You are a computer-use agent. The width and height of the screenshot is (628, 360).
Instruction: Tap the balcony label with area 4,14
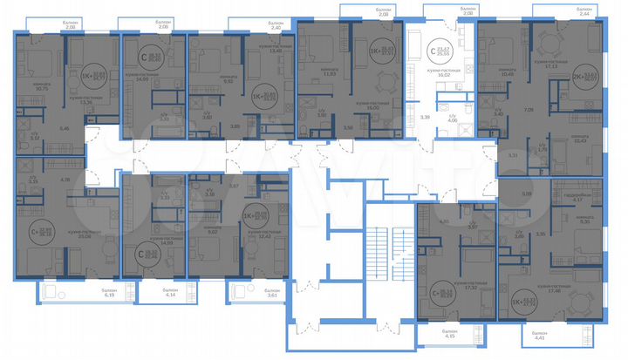click(x=169, y=295)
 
